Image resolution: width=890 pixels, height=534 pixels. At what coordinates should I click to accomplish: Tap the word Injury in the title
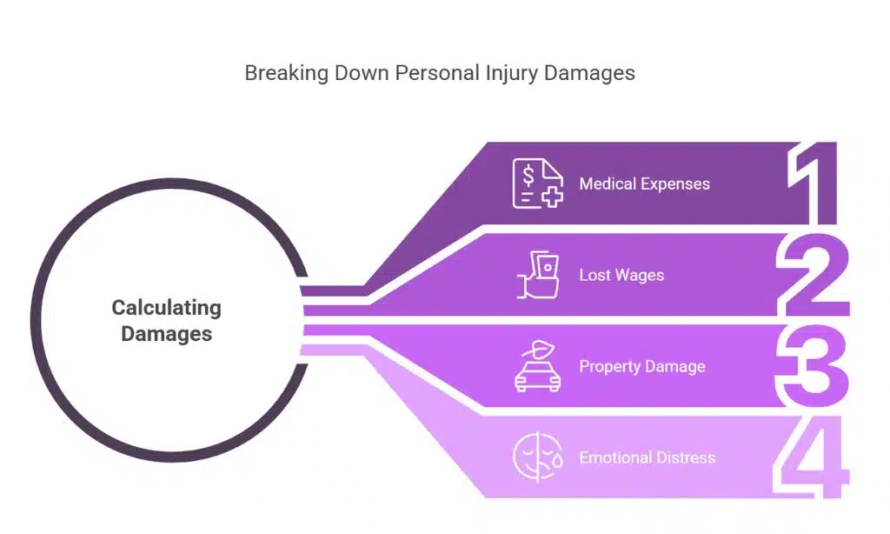pyautogui.click(x=511, y=73)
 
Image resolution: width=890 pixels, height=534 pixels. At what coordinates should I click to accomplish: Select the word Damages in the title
pyautogui.click(x=589, y=73)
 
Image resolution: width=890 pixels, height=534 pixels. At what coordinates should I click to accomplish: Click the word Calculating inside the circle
pyautogui.click(x=166, y=308)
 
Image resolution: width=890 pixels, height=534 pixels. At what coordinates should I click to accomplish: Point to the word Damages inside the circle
pyautogui.click(x=166, y=333)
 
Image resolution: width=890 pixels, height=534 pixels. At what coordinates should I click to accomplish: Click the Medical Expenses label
pyautogui.click(x=644, y=184)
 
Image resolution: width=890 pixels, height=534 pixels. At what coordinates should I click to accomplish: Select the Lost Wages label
pyautogui.click(x=621, y=276)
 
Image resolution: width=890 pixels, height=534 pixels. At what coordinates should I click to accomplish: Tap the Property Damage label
pyautogui.click(x=641, y=367)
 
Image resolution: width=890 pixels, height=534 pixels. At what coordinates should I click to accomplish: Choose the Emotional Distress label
pyautogui.click(x=647, y=457)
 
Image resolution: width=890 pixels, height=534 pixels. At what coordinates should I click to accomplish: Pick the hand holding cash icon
pyautogui.click(x=536, y=275)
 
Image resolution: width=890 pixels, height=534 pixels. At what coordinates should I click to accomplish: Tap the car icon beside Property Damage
pyautogui.click(x=536, y=366)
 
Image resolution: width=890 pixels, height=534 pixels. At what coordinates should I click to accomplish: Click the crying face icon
pyautogui.click(x=536, y=457)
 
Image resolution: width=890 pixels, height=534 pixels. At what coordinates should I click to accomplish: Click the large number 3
pyautogui.click(x=812, y=366)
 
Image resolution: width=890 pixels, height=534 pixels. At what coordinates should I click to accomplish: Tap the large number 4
pyautogui.click(x=812, y=457)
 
